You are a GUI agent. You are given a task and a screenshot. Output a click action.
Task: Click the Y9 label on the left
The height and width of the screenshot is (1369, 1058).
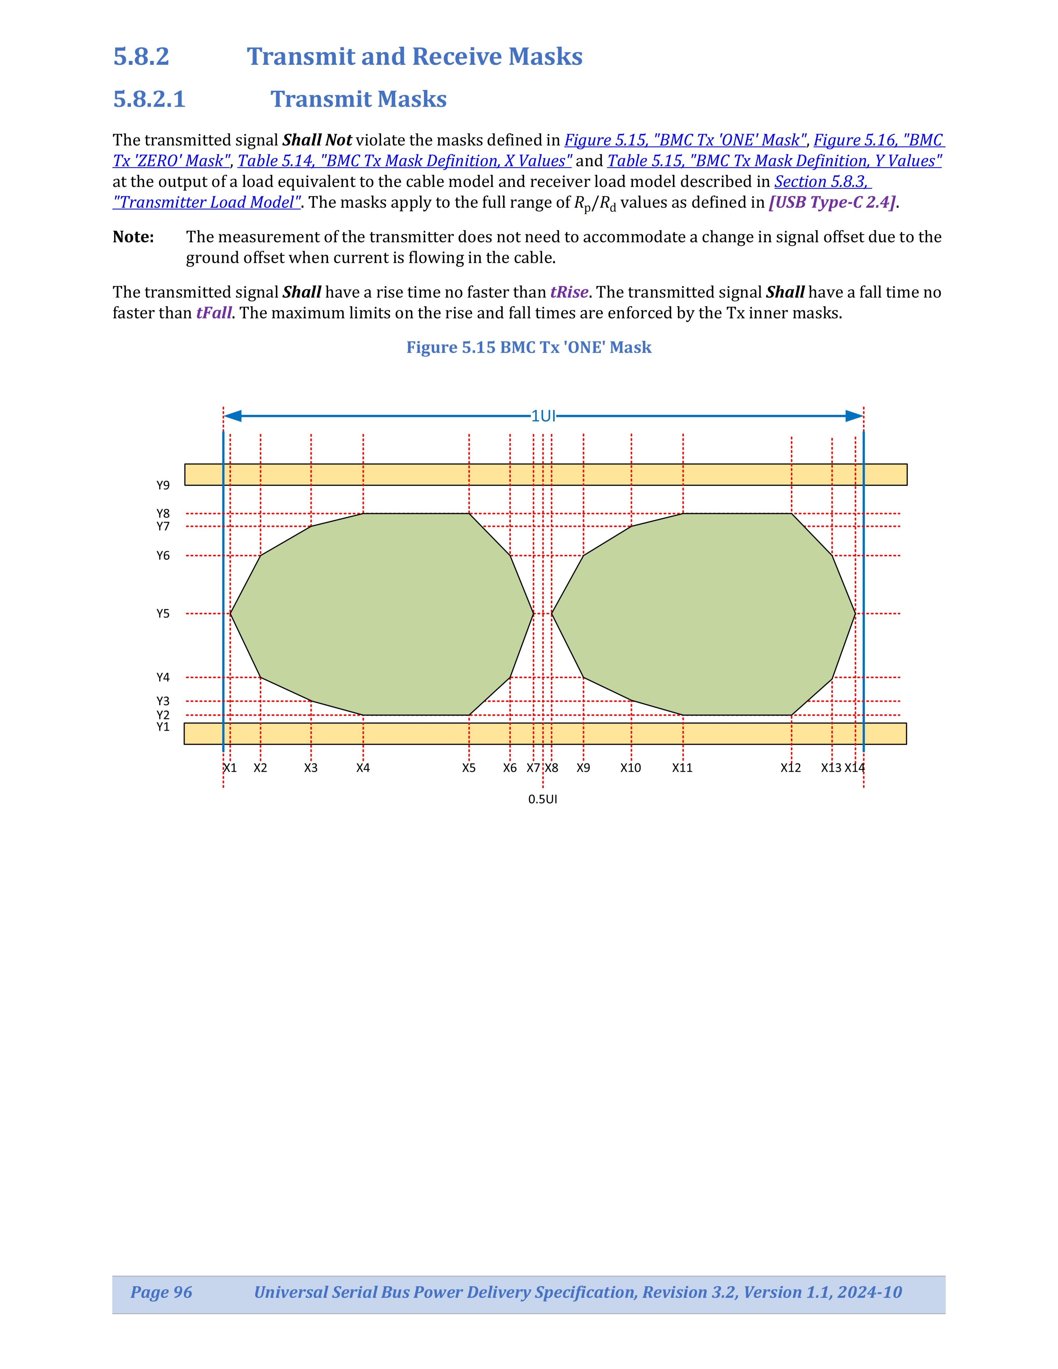(x=163, y=485)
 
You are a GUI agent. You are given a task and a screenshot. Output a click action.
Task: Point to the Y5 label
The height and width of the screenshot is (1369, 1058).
(x=163, y=614)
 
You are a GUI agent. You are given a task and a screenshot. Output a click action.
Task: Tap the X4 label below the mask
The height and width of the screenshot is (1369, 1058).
(x=363, y=768)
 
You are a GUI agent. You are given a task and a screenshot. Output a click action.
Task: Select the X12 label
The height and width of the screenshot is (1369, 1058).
(x=790, y=768)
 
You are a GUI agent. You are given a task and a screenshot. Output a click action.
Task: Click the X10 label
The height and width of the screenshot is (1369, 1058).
(x=630, y=768)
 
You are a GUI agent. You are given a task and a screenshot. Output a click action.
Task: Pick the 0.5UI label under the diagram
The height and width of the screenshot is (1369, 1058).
(x=542, y=799)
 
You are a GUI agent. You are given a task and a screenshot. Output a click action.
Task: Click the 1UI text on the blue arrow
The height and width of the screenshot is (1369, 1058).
(x=543, y=415)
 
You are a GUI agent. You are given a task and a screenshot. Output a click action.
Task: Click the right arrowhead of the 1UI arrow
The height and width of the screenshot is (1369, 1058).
(x=854, y=415)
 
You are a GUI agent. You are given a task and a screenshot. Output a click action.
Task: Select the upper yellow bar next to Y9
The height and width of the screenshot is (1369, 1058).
(x=545, y=474)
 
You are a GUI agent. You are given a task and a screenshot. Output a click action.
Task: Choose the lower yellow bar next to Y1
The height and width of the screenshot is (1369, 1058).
(x=545, y=733)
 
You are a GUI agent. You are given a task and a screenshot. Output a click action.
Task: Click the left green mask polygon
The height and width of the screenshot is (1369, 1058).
(x=382, y=614)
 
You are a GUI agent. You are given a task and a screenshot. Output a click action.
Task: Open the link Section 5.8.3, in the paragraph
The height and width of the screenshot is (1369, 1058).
(x=822, y=182)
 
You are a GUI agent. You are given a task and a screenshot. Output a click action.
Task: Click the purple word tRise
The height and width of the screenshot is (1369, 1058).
(x=569, y=292)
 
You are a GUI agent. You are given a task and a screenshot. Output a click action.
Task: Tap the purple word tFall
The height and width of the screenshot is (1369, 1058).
(x=214, y=313)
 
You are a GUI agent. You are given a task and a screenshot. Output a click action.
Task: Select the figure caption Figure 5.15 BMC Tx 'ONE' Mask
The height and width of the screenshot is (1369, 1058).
(x=528, y=347)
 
